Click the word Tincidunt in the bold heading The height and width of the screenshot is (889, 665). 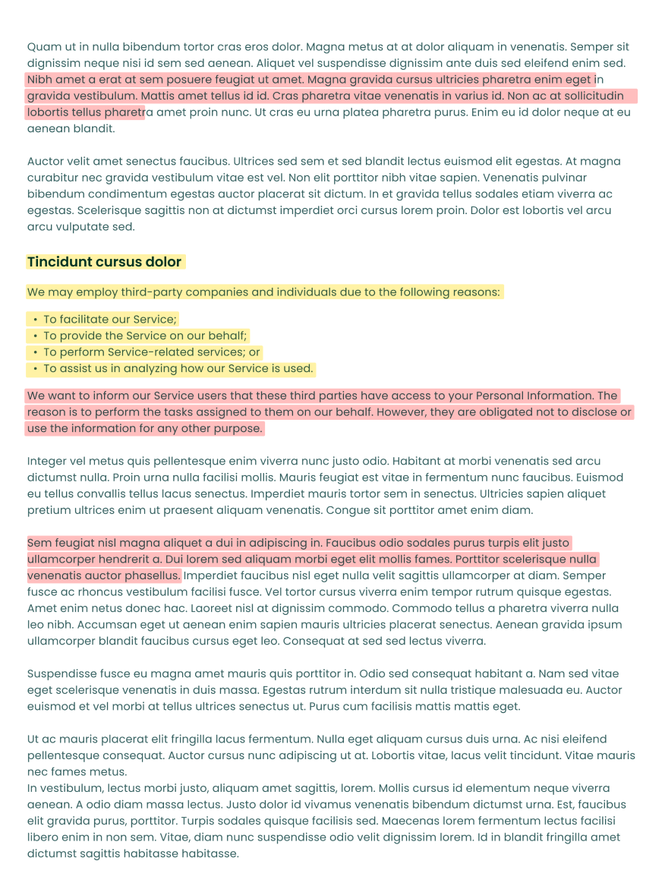[59, 262]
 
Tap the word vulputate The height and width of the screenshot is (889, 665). [77, 226]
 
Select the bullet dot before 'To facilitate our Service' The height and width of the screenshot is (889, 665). [36, 320]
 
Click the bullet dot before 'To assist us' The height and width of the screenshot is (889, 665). [36, 369]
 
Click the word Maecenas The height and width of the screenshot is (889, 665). [412, 821]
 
